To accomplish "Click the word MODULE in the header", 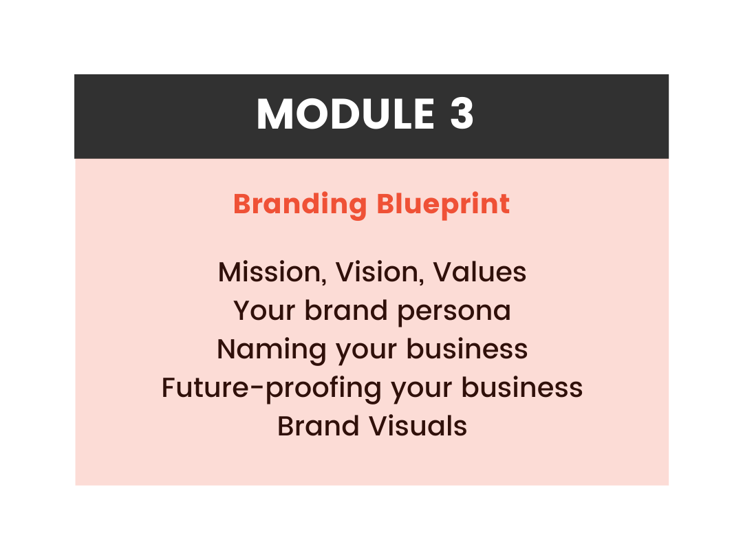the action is tap(345, 114).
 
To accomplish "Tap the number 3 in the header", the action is tap(462, 114).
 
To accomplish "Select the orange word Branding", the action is tap(300, 204).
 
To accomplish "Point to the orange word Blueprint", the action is tap(443, 204).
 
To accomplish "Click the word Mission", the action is tap(269, 272).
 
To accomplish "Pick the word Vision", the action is tap(376, 272).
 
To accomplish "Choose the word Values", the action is tap(480, 272).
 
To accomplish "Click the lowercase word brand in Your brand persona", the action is tap(345, 310).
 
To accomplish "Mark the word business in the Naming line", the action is tap(467, 349).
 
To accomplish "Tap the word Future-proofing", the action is tap(272, 389).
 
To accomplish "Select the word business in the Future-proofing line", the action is tap(522, 387).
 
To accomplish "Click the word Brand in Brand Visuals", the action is tap(318, 425).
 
